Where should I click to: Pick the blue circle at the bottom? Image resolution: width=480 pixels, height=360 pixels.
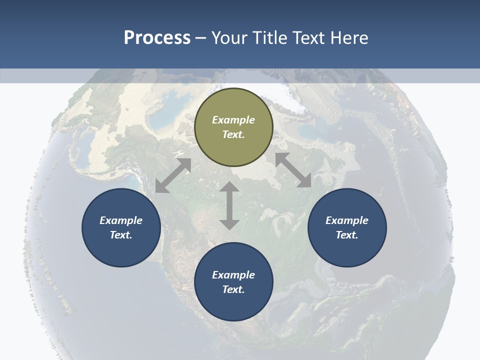(x=233, y=305)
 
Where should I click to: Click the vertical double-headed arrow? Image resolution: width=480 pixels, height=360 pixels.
(x=229, y=205)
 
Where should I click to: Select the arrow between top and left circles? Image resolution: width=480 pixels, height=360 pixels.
(x=173, y=175)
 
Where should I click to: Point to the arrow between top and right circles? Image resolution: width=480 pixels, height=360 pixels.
(x=293, y=170)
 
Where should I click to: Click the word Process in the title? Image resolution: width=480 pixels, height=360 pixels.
(x=157, y=38)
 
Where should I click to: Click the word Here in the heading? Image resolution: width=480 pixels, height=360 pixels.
(x=348, y=38)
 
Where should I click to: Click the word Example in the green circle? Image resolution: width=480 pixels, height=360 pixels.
(x=233, y=120)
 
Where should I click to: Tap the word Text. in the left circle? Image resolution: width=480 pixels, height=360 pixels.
(x=121, y=235)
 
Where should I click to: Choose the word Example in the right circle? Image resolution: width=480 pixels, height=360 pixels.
(x=347, y=220)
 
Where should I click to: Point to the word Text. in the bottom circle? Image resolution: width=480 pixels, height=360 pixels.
(x=233, y=289)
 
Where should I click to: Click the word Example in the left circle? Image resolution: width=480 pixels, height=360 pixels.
(x=121, y=220)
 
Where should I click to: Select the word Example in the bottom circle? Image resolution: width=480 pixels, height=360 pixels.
(x=233, y=275)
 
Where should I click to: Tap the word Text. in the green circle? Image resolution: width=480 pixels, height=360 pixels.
(x=233, y=134)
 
